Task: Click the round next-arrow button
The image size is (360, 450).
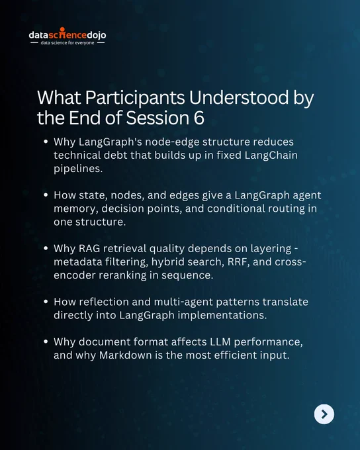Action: coord(324,414)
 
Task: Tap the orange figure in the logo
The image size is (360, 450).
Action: coord(62,32)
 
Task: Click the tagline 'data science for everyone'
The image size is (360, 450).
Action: coord(67,43)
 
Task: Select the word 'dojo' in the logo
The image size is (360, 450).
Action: coord(97,35)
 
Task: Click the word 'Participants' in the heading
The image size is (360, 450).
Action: coord(135,98)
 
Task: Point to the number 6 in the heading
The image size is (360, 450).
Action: coord(199,118)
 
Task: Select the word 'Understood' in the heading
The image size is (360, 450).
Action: coord(239,97)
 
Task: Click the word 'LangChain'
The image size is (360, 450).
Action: coord(271,155)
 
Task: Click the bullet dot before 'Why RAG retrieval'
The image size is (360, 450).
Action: coord(46,248)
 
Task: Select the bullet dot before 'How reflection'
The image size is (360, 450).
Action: coord(46,302)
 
